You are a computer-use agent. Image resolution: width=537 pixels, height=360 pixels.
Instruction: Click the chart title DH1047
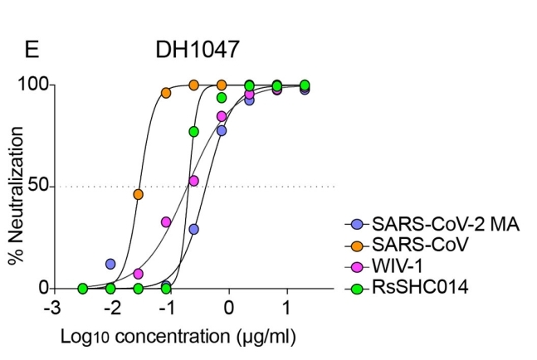(198, 50)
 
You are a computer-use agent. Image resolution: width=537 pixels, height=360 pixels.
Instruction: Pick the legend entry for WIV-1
(398, 266)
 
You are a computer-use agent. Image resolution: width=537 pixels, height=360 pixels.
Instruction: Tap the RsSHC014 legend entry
(411, 288)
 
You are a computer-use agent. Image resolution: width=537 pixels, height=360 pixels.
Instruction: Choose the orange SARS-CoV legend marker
(358, 246)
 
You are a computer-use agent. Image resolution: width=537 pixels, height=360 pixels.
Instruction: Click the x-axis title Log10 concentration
(177, 338)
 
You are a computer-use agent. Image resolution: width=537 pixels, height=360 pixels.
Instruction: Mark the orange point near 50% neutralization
(138, 194)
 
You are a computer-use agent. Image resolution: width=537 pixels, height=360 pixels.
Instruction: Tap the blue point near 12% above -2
(110, 264)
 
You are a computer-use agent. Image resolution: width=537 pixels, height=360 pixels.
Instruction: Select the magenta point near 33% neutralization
(166, 221)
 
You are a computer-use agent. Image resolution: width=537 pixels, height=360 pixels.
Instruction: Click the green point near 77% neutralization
(193, 132)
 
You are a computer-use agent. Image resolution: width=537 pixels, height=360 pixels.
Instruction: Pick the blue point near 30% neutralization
(194, 229)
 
